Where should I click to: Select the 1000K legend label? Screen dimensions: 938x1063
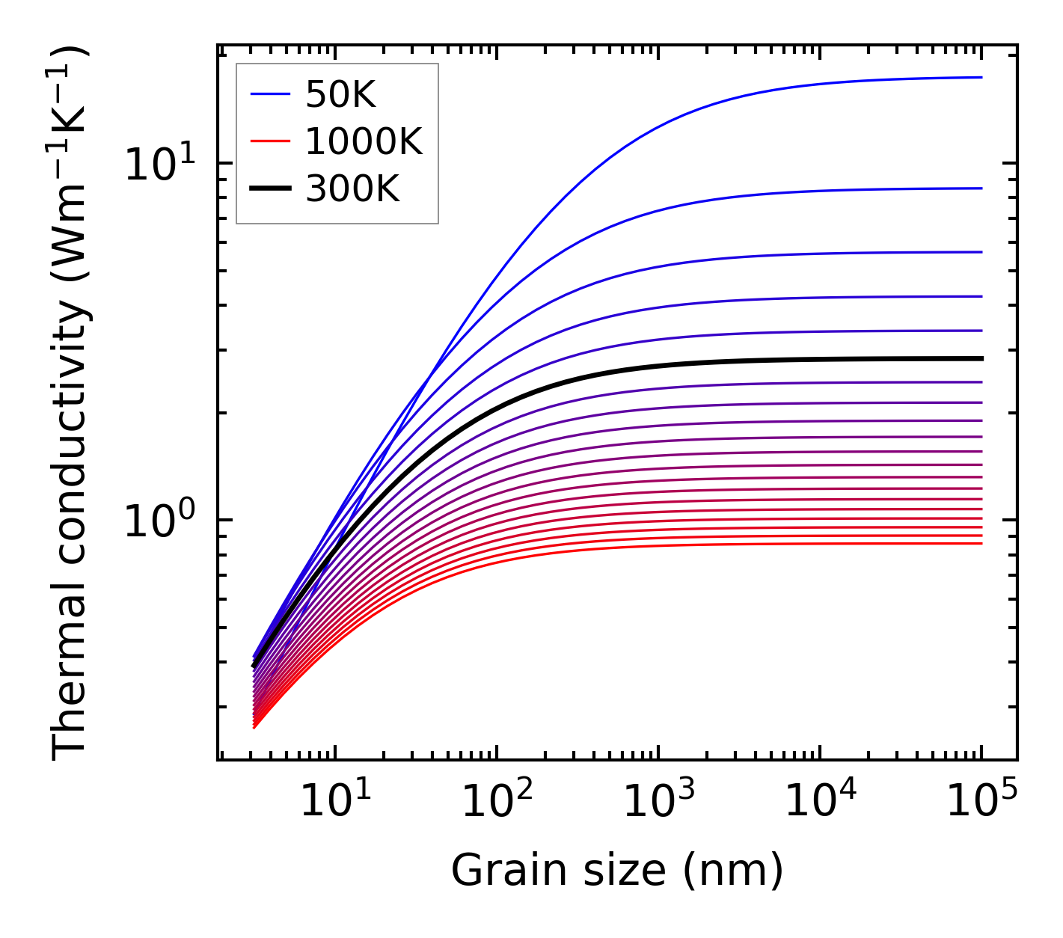(x=364, y=142)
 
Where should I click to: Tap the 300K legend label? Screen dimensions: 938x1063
(x=352, y=190)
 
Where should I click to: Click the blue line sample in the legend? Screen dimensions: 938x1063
(x=269, y=94)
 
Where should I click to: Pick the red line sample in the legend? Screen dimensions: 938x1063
(x=269, y=142)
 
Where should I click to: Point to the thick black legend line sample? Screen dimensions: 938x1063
(x=269, y=190)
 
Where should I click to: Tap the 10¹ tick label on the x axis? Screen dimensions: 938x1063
(x=334, y=803)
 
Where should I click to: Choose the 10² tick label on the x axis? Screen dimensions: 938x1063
(x=497, y=803)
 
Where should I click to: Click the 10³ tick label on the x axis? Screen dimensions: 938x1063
(x=658, y=803)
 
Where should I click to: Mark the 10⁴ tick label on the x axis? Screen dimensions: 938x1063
(x=820, y=803)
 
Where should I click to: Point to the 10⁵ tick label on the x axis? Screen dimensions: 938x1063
(x=981, y=803)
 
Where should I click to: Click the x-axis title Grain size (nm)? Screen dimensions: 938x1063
(x=617, y=871)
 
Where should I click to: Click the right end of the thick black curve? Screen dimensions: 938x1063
(x=980, y=359)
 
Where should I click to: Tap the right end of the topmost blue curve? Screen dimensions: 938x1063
(x=980, y=77)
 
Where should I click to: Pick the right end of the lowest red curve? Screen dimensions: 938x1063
(x=980, y=543)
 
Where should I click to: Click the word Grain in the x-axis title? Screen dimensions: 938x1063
(x=492, y=871)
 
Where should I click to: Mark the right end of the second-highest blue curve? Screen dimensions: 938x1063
(x=980, y=188)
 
